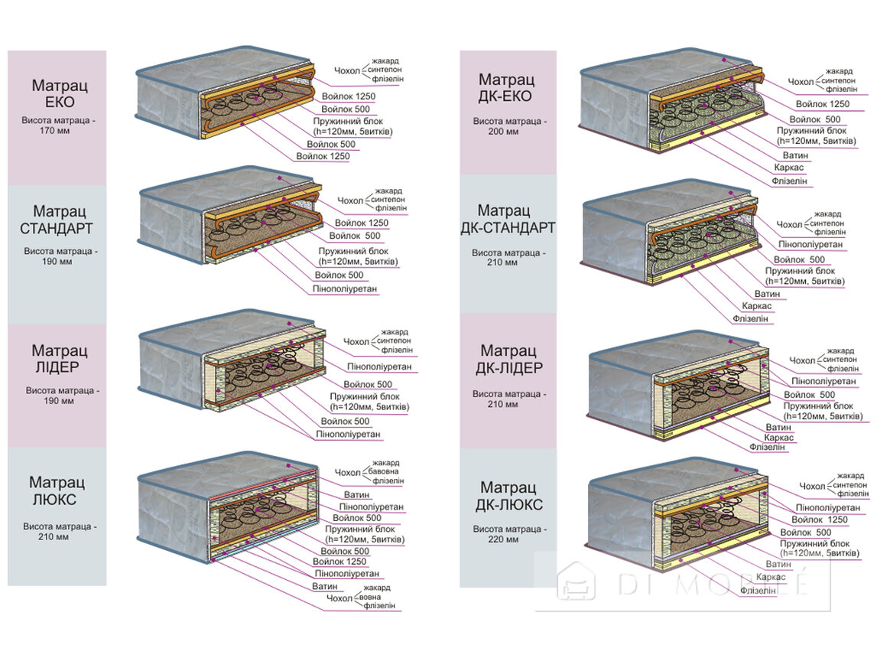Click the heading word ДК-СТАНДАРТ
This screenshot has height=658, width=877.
point(508,227)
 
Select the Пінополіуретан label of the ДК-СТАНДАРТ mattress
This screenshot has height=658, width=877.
point(810,245)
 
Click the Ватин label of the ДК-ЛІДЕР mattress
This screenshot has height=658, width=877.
point(778,427)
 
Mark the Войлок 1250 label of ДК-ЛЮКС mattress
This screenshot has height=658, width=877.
point(822,520)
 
